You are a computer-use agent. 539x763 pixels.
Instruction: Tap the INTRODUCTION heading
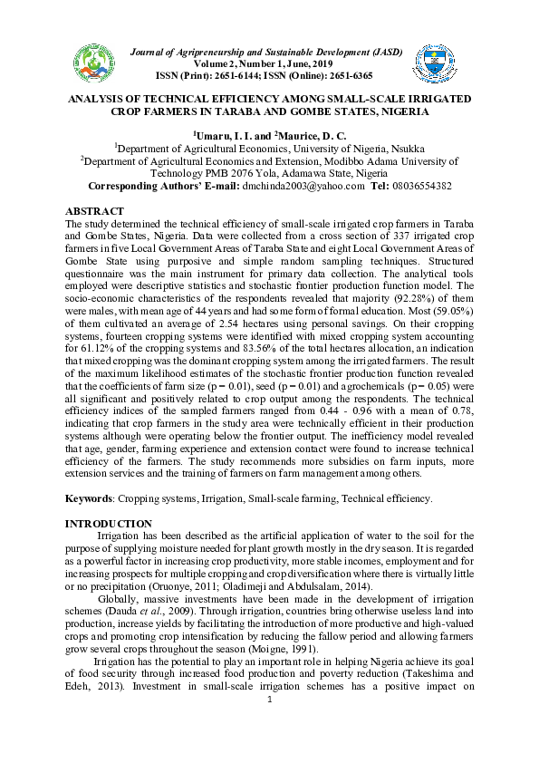pos(110,524)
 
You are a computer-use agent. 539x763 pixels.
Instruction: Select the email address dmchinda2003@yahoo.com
pos(303,186)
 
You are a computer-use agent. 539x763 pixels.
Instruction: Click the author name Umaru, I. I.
pos(222,134)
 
